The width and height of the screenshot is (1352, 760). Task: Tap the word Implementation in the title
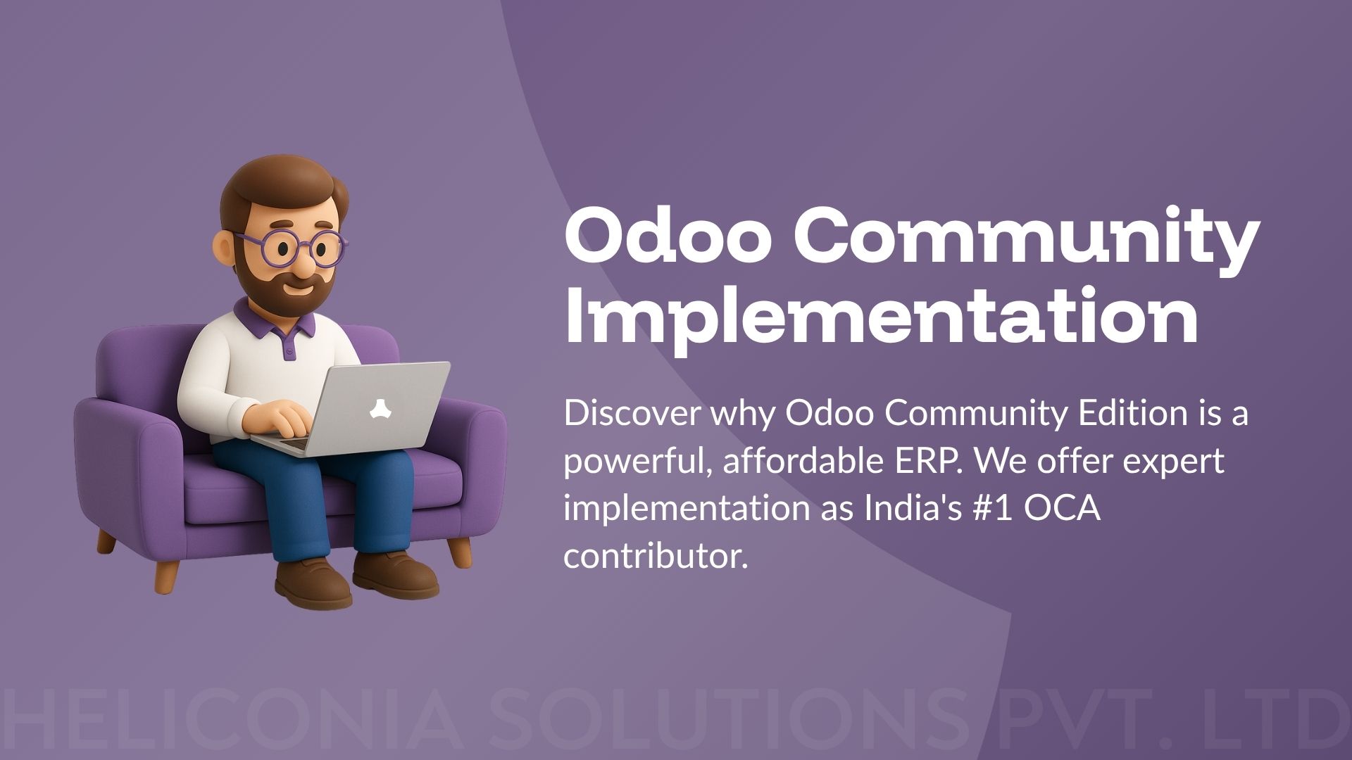[881, 316]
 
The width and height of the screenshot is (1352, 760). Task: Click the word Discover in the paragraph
[632, 414]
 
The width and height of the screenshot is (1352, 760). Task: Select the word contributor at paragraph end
[654, 557]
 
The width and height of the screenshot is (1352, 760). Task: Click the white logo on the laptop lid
[381, 408]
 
